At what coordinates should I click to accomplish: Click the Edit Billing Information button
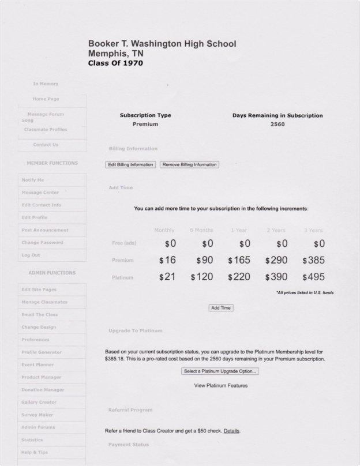click(130, 164)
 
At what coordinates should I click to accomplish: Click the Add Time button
click(221, 308)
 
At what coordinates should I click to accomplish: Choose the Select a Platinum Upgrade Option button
click(220, 371)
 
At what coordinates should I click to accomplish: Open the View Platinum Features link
click(221, 385)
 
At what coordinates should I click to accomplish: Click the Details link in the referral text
click(231, 431)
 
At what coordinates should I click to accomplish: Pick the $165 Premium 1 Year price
click(239, 260)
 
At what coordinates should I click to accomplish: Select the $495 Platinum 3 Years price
click(313, 277)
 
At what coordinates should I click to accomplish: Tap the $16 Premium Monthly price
click(167, 260)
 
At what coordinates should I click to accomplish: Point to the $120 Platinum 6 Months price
click(202, 277)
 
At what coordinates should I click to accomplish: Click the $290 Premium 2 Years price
click(276, 260)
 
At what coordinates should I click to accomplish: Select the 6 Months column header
click(202, 230)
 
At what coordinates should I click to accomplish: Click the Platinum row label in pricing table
click(123, 277)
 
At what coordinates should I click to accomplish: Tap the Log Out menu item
click(31, 255)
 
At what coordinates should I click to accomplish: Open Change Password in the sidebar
click(42, 242)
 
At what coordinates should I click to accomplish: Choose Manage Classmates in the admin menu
click(44, 302)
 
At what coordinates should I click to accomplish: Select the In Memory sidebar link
click(46, 84)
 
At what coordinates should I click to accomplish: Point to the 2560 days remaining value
click(277, 124)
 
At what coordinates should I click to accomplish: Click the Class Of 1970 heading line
click(115, 63)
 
